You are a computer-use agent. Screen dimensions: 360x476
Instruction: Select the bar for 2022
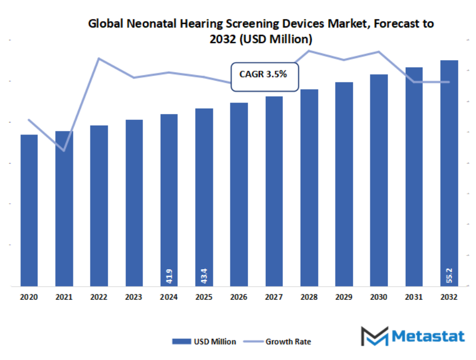[99, 206]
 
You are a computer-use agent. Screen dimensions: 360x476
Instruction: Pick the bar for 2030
[379, 180]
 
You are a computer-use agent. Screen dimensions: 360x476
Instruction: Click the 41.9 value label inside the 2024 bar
[169, 276]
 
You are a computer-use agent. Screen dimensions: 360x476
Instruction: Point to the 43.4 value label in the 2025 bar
[204, 276]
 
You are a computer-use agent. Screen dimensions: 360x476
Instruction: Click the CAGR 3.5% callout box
[264, 75]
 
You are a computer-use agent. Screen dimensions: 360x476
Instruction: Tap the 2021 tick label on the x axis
[64, 298]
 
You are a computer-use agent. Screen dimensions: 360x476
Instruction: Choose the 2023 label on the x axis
[134, 298]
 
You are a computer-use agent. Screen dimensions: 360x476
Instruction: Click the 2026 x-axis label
[239, 298]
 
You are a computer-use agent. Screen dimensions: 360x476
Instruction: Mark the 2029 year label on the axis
[344, 298]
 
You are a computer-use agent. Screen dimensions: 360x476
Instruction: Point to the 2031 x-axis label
[414, 298]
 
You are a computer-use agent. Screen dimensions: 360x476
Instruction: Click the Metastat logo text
[428, 337]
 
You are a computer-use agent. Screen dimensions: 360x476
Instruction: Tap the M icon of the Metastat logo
[374, 336]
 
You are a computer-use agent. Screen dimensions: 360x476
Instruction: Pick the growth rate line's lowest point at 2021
[64, 151]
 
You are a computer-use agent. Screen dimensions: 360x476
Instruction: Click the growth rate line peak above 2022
[99, 58]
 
